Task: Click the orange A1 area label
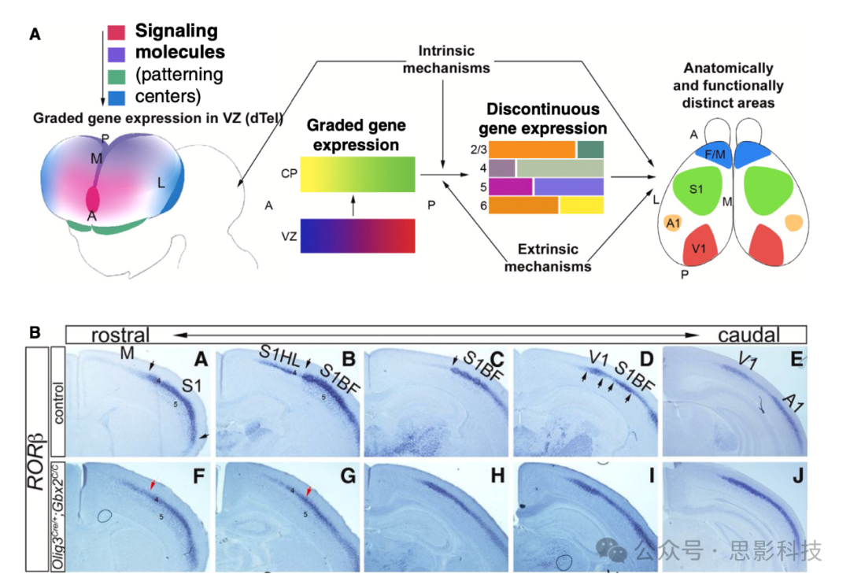point(673,224)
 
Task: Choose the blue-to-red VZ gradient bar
point(357,235)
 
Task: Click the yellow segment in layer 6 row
point(582,205)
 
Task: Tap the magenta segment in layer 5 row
point(511,187)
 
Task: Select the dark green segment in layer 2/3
point(590,150)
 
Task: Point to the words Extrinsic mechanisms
point(548,257)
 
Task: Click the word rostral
point(120,333)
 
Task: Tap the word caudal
point(748,334)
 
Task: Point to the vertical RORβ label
point(39,464)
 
